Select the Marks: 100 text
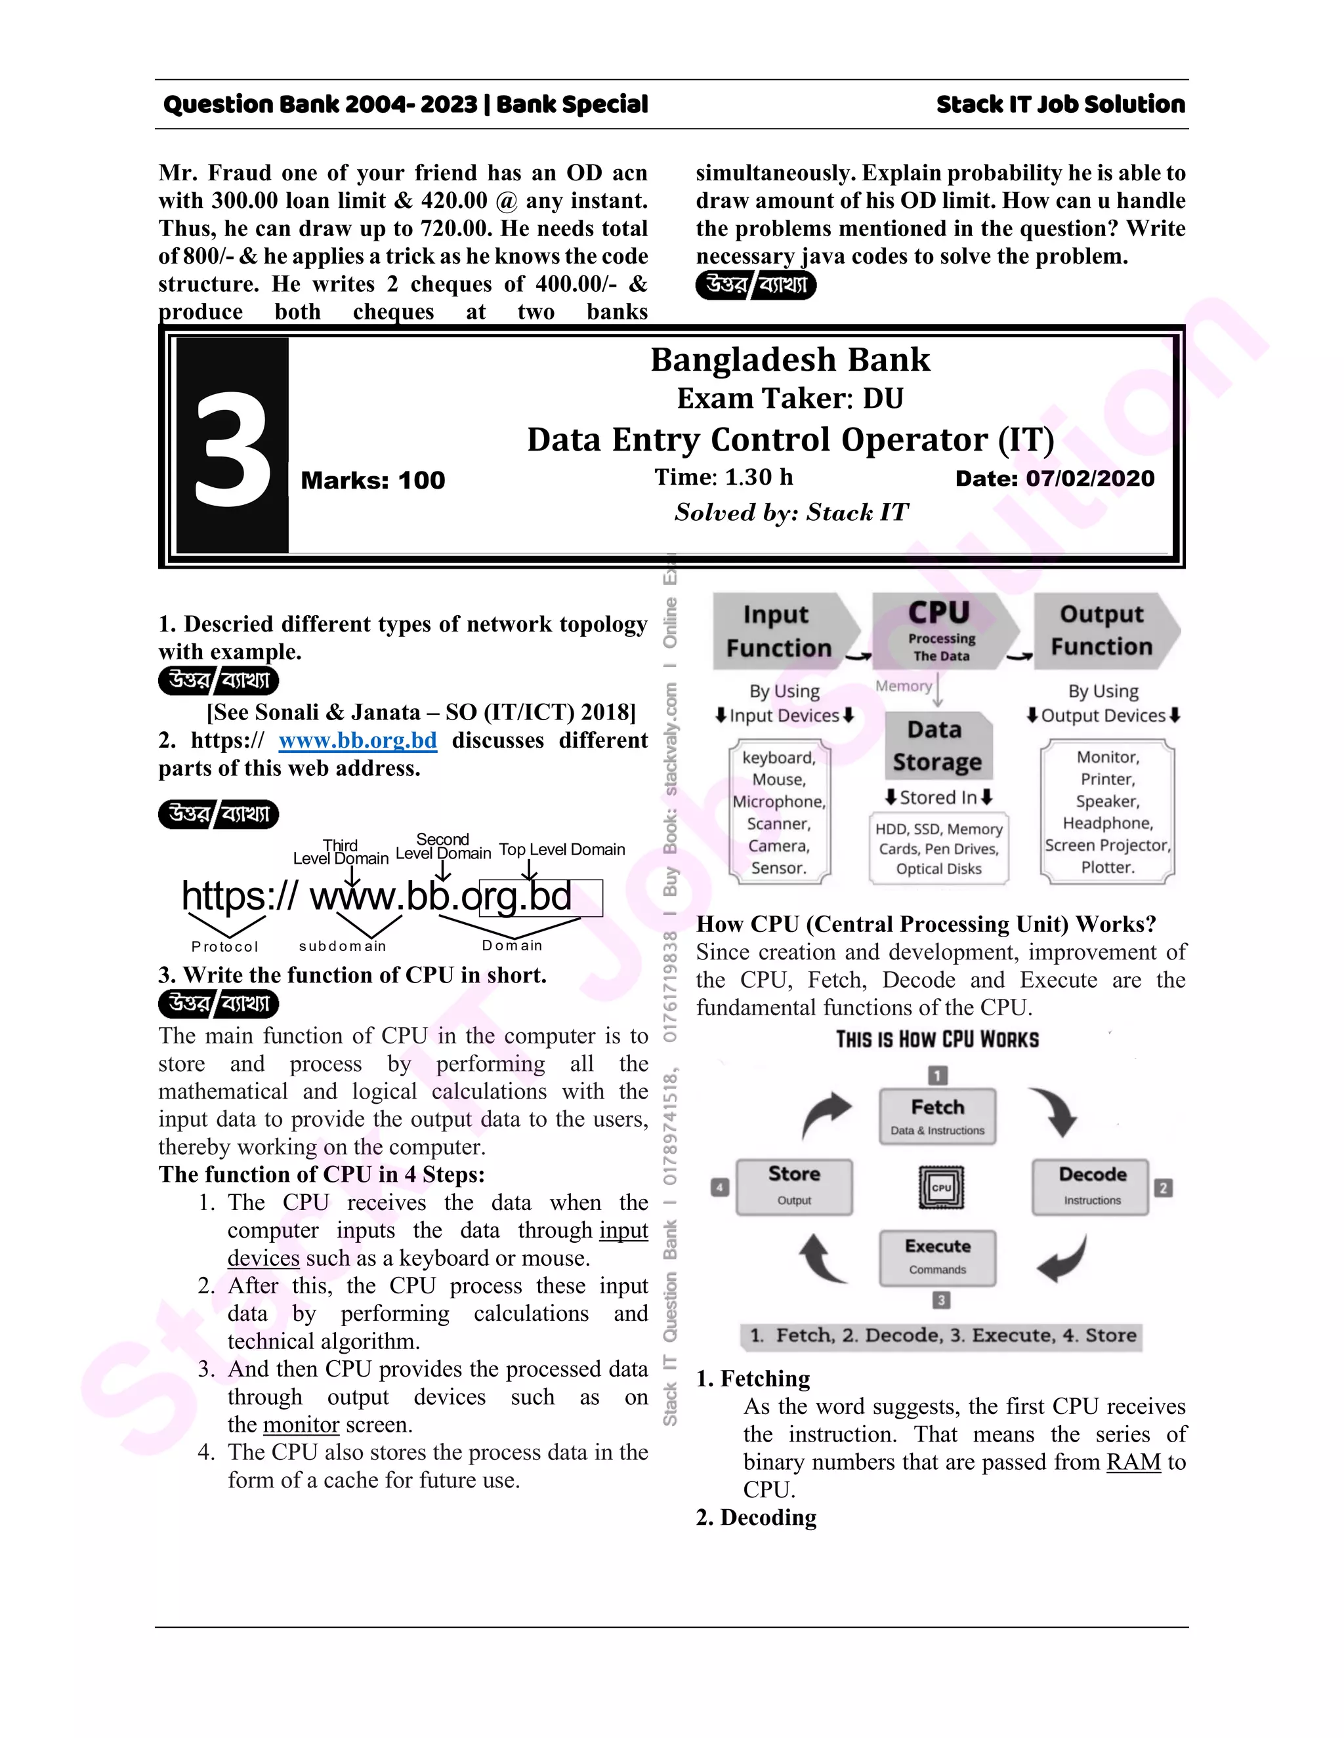pos(373,481)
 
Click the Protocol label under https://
pos(224,946)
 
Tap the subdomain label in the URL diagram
pos(343,946)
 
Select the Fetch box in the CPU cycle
pos(937,1116)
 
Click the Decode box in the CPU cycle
pos(1091,1186)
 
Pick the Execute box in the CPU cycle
pos(937,1257)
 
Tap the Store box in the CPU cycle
pos(794,1186)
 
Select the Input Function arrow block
pos(780,631)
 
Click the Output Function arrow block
pos(1102,630)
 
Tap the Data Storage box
pos(936,746)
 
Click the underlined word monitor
pos(301,1425)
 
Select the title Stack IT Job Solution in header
pos(1060,104)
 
